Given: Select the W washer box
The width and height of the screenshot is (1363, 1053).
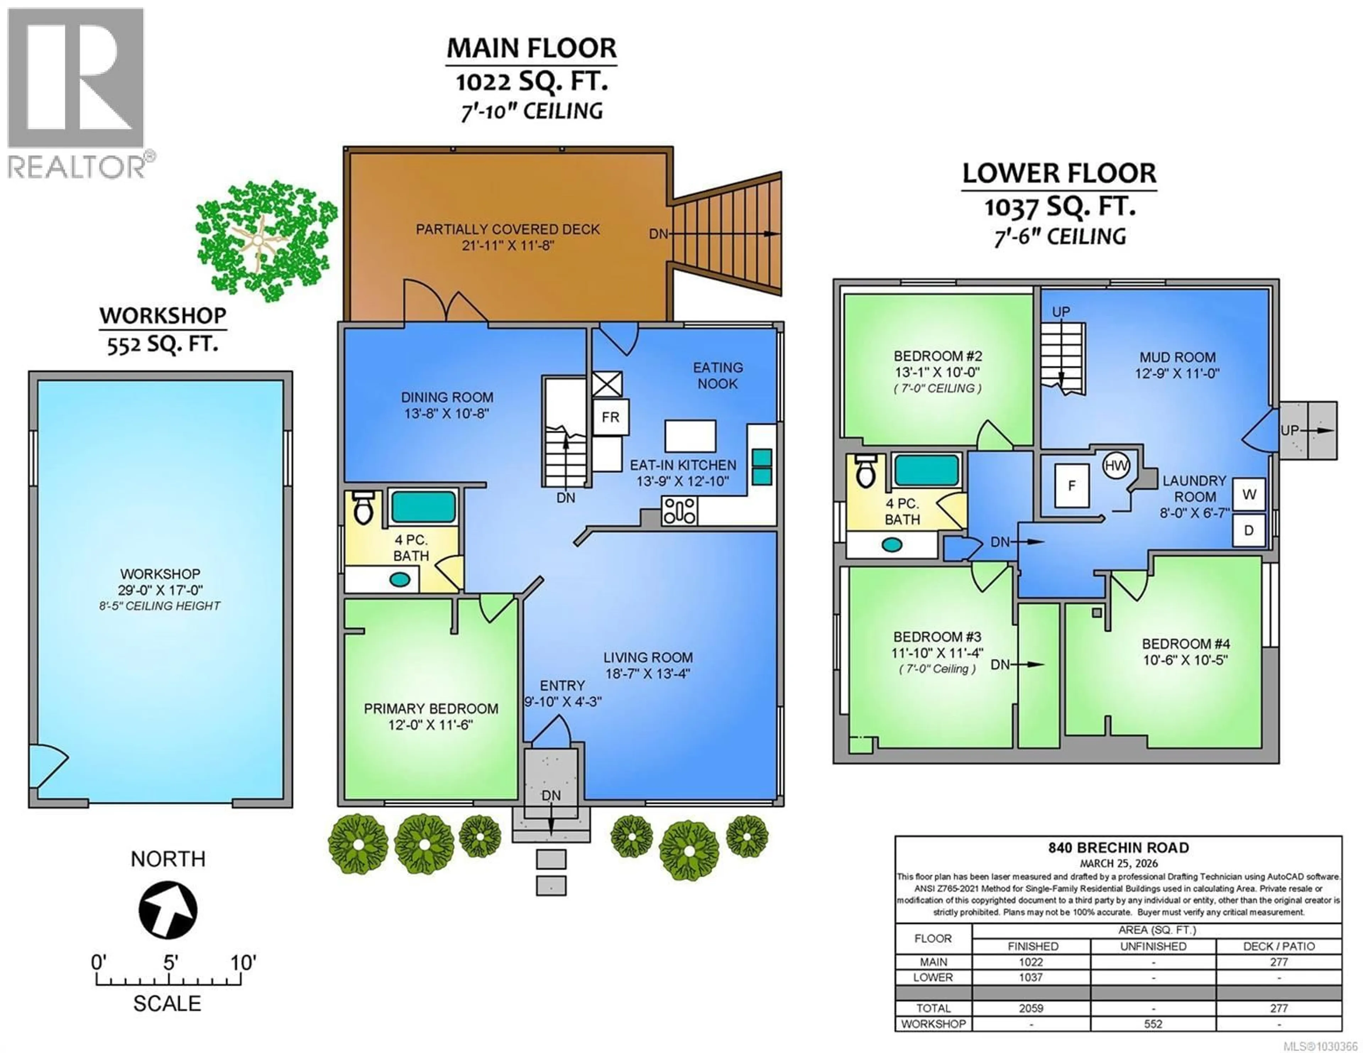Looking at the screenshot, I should (x=1249, y=494).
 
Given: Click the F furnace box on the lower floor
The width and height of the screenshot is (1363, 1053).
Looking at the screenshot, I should (x=1072, y=486).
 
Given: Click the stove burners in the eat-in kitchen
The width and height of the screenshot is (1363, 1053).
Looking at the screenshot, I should (x=679, y=510).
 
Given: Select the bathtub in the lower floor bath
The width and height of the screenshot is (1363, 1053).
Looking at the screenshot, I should (x=927, y=470).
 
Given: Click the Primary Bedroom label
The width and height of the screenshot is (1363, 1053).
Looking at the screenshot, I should (x=431, y=708).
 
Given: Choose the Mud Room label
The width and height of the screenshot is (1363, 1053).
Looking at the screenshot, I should (x=1177, y=357).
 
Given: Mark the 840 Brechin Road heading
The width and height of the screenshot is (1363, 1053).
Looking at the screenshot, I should (x=1118, y=848).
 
